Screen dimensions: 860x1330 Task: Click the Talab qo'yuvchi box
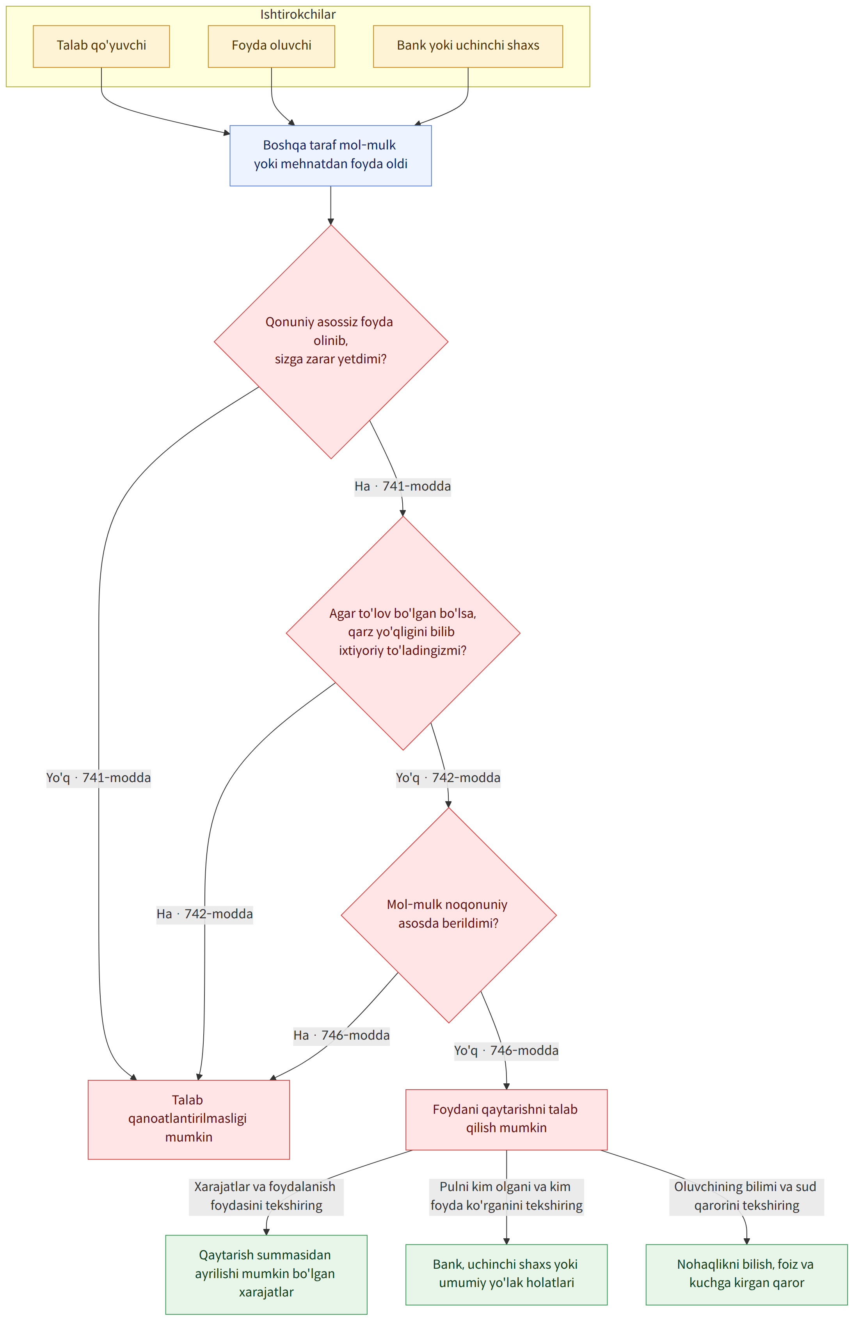(101, 46)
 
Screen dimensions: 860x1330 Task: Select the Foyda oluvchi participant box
(272, 46)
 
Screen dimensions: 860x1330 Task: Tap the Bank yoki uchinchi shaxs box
(468, 46)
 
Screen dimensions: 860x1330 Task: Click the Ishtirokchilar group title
(298, 14)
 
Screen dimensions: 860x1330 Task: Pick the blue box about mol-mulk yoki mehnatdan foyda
(330, 156)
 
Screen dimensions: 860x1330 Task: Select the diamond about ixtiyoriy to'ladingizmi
(403, 633)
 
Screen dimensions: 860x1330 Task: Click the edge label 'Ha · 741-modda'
(403, 486)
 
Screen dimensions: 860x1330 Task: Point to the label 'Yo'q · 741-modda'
(99, 778)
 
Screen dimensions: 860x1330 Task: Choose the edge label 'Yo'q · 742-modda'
(448, 778)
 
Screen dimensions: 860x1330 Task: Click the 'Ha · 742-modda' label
(205, 914)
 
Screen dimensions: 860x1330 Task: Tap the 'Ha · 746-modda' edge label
(342, 1035)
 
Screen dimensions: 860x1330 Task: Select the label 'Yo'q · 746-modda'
(506, 1050)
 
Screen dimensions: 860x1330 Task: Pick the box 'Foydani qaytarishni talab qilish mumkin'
(506, 1118)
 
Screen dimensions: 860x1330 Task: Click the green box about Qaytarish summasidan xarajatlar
(267, 1273)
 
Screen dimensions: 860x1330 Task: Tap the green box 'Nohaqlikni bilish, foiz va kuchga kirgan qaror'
(746, 1273)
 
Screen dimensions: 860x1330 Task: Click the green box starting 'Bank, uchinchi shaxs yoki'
(506, 1273)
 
